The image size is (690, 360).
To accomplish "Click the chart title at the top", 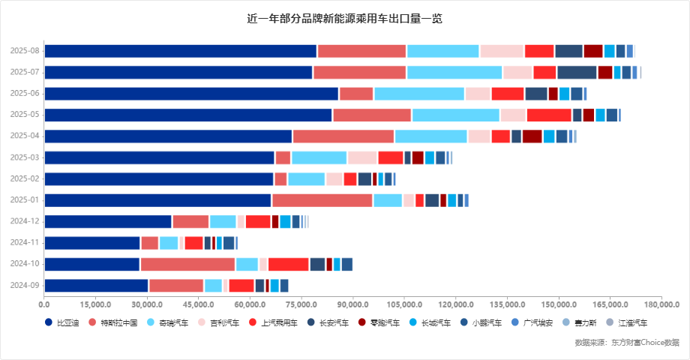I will [x=344, y=18].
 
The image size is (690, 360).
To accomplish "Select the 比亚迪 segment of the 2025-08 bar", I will [x=181, y=51].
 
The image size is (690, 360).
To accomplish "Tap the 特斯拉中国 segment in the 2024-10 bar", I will [x=187, y=264].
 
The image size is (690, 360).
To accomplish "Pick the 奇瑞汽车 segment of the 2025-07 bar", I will [x=454, y=72].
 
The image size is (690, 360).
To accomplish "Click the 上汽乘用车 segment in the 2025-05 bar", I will [x=549, y=115].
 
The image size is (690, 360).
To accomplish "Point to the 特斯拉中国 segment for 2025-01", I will [x=322, y=200].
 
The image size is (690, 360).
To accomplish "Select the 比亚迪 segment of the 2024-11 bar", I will [x=92, y=243].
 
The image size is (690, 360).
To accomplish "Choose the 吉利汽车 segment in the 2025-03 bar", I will [x=362, y=157].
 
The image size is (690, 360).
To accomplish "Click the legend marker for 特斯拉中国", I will [x=92, y=322].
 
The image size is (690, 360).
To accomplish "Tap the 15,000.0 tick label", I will [x=95, y=304].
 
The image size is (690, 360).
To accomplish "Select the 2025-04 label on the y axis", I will [x=25, y=136].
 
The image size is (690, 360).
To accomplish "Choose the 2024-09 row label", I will [x=25, y=285].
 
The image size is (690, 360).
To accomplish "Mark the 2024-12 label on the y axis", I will [x=25, y=221].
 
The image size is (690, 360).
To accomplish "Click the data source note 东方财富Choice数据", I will [x=627, y=343].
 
